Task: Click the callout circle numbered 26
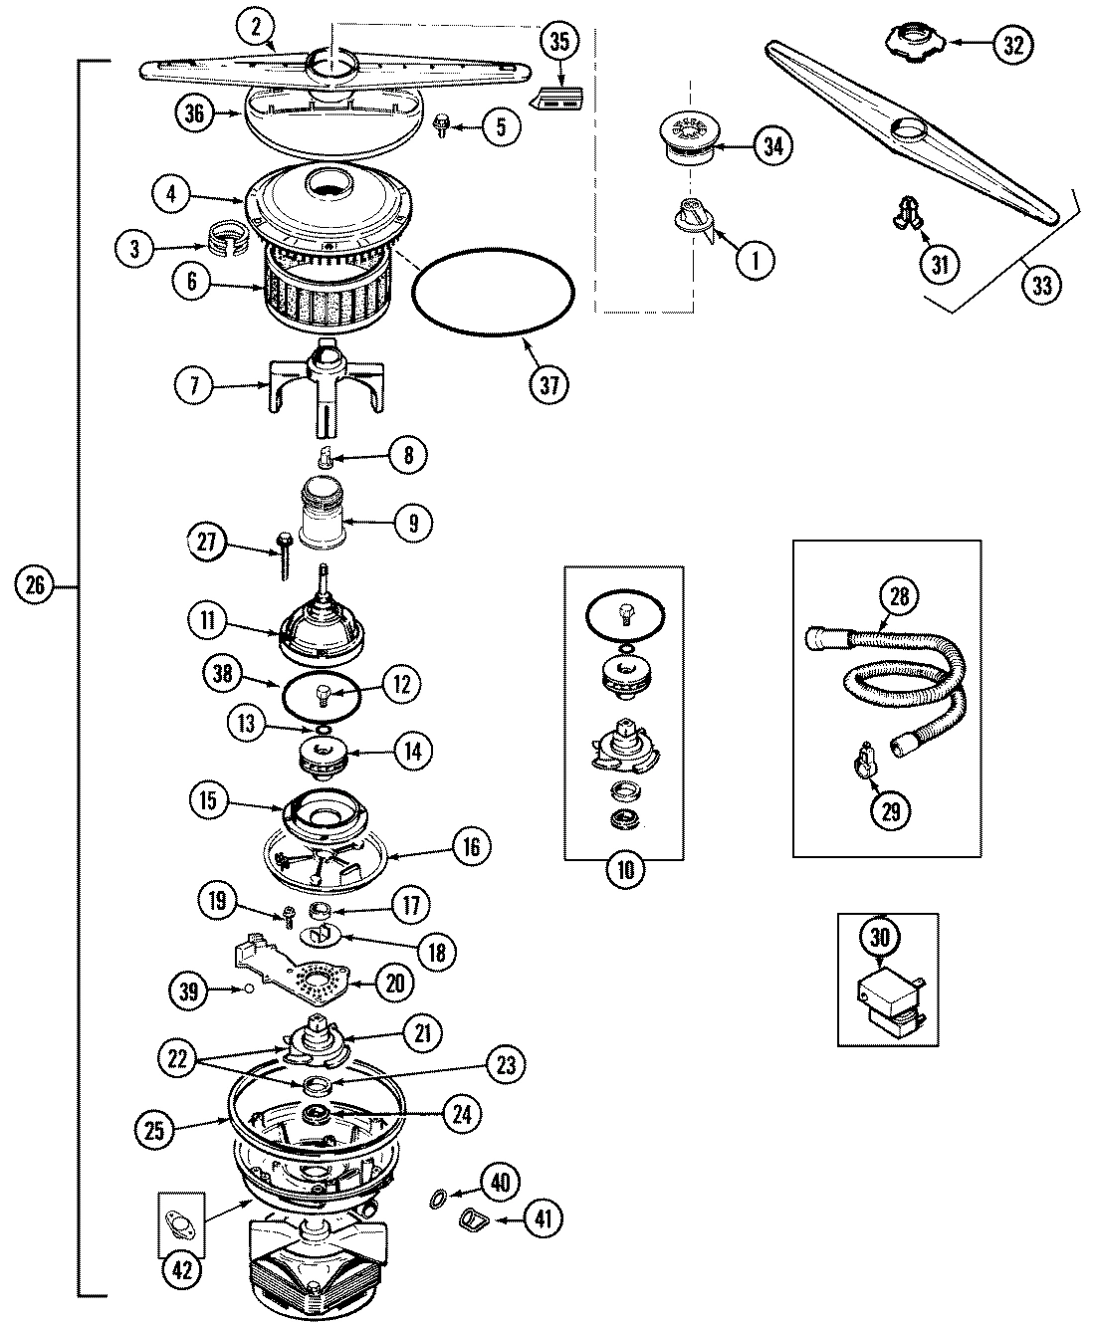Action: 34,586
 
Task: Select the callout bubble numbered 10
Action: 624,870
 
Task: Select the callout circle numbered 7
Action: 195,385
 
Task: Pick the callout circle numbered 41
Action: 542,1217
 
